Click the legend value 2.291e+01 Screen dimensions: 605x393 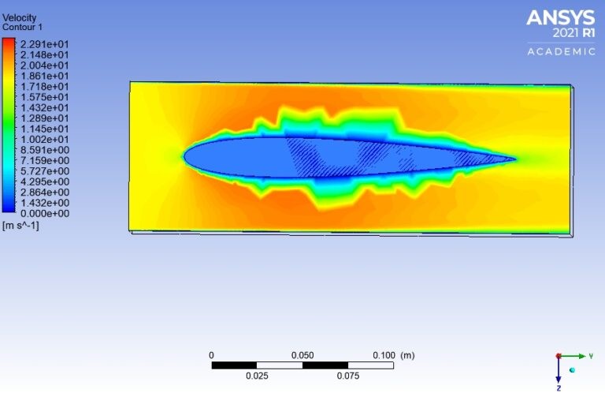pos(44,44)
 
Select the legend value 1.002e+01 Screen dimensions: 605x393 pos(44,139)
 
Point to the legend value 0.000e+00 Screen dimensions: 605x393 pos(45,213)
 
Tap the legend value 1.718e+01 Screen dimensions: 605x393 pos(44,86)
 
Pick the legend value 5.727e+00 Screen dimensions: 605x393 pos(45,170)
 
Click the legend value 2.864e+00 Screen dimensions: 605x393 pos(45,192)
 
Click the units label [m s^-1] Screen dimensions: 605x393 pos(20,225)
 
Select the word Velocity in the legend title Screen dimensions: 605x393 pos(19,18)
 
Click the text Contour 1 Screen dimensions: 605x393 pos(22,27)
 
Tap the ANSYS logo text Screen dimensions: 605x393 pos(561,18)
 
